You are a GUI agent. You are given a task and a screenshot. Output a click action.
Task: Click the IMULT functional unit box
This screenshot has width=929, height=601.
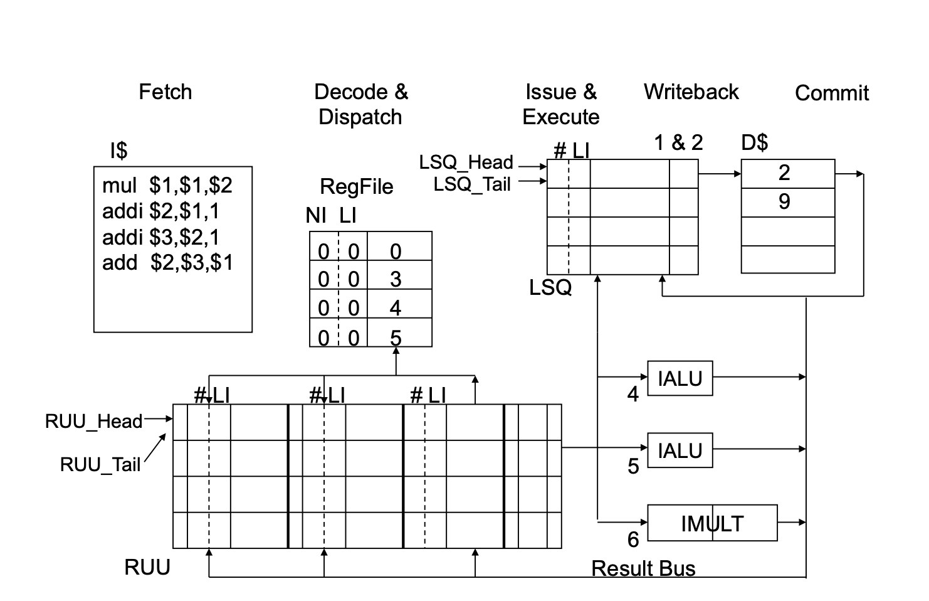click(712, 523)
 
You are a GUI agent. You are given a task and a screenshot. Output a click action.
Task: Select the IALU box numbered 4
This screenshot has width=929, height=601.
click(680, 378)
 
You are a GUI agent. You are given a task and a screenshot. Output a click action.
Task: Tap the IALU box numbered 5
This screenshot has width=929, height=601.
click(680, 450)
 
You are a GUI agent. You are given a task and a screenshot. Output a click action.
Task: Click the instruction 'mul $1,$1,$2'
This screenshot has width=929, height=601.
click(167, 185)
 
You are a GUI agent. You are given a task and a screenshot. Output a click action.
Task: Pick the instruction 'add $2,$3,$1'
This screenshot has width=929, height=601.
click(167, 262)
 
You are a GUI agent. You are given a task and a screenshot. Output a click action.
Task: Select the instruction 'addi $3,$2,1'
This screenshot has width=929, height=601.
click(160, 237)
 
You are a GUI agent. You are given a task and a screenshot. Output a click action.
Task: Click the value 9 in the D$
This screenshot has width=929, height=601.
click(784, 202)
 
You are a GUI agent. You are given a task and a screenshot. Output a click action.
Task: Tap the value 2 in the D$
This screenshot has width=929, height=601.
click(784, 173)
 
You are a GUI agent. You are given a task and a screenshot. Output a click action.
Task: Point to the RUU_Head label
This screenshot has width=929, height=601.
click(93, 421)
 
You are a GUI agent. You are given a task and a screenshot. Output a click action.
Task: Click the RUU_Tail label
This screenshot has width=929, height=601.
click(100, 465)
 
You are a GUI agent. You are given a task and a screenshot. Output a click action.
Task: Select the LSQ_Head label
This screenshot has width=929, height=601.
click(466, 162)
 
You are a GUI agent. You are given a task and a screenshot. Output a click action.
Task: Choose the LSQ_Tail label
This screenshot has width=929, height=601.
click(472, 184)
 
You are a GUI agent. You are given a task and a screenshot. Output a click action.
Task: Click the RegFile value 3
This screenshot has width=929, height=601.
click(396, 279)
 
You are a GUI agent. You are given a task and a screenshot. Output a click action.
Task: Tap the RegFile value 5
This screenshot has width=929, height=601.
click(396, 338)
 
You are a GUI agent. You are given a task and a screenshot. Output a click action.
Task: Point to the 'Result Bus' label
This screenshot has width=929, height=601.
click(643, 568)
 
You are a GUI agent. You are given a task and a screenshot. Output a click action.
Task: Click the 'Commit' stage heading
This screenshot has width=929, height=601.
click(831, 93)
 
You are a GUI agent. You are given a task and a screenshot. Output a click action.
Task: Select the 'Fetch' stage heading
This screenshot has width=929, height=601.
click(165, 92)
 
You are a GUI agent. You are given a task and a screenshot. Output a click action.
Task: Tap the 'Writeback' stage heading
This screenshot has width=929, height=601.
click(691, 92)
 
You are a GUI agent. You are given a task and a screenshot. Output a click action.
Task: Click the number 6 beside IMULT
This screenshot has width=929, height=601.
click(633, 540)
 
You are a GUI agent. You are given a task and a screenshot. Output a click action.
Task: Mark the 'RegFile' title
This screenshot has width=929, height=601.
click(356, 186)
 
